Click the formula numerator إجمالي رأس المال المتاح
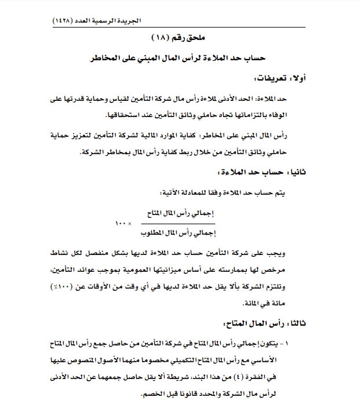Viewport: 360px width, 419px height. (x=177, y=213)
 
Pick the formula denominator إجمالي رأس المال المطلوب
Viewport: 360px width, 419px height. (x=177, y=234)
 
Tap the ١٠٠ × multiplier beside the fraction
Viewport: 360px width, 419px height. (x=124, y=223)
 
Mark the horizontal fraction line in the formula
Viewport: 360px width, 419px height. (x=177, y=223)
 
